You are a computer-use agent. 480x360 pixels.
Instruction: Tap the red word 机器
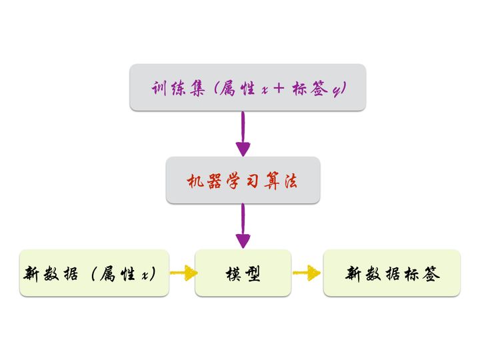pyautogui.click(x=201, y=180)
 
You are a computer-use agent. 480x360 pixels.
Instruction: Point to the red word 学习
pyautogui.click(x=243, y=180)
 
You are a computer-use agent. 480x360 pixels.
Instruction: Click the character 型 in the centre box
pyautogui.click(x=254, y=273)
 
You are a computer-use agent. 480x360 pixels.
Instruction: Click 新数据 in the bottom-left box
pyautogui.click(x=53, y=273)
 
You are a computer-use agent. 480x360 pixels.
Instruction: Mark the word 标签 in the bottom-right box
pyautogui.click(x=422, y=273)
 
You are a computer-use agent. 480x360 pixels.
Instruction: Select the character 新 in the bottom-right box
pyautogui.click(x=353, y=273)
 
